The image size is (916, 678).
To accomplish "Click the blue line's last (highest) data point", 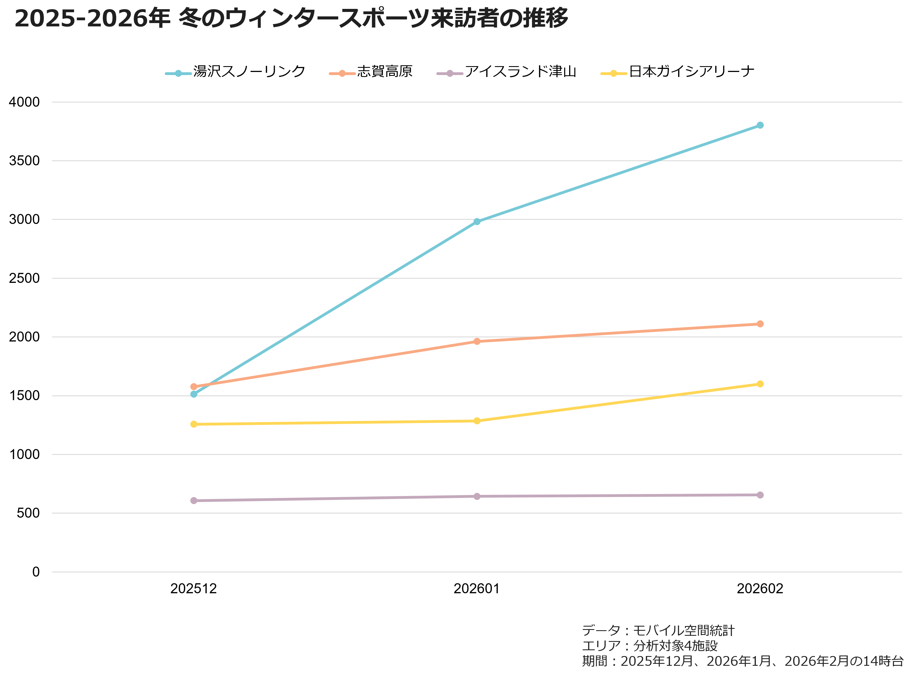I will coord(760,125).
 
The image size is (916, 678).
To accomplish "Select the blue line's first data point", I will coord(194,394).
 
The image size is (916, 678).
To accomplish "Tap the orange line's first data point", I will coord(194,387).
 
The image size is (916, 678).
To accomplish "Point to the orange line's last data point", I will coord(760,324).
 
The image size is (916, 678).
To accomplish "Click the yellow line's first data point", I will coord(194,424).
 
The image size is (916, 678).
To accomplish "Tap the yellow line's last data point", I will coord(760,384).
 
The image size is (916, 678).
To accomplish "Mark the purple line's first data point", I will coord(194,500).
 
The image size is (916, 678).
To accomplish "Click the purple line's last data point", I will coord(760,495).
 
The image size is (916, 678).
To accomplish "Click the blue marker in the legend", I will coord(178,73).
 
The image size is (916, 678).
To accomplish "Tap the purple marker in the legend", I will coord(450,73).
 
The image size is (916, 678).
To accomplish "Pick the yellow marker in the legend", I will coord(614,73).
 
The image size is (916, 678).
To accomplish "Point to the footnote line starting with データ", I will coord(658,630).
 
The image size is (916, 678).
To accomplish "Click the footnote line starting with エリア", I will coord(650,645).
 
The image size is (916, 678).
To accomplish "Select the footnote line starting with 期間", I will coord(742,661).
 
